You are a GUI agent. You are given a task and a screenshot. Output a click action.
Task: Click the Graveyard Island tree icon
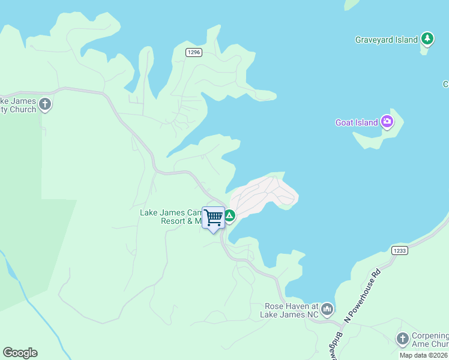[x=427, y=40]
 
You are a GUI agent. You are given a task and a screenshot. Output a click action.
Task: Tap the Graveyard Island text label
[x=386, y=40]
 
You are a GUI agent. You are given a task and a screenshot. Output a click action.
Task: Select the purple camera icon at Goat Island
[x=387, y=122]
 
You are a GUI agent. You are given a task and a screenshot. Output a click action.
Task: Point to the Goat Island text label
[x=357, y=122]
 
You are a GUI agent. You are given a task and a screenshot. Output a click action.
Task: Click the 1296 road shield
[x=193, y=53]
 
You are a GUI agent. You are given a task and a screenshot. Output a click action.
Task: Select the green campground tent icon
[x=229, y=215]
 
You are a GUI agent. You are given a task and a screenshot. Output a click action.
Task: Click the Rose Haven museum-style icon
[x=327, y=310]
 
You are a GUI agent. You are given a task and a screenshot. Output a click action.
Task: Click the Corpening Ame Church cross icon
[x=402, y=340]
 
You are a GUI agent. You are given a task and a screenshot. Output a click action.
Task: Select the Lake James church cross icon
[x=45, y=106]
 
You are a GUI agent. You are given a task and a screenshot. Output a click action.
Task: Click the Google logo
[x=20, y=353]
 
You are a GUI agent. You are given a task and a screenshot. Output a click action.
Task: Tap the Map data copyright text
[x=424, y=355]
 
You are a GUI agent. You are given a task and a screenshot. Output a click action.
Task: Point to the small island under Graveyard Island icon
[x=424, y=50]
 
